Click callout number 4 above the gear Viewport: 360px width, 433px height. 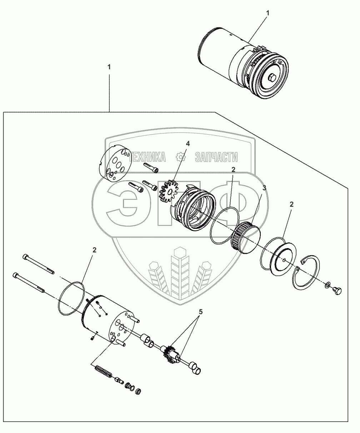pyautogui.click(x=187, y=144)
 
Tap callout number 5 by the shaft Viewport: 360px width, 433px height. pyautogui.click(x=201, y=312)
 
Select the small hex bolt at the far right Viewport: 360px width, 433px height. pyautogui.click(x=336, y=291)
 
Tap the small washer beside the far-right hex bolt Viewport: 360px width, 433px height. pyautogui.click(x=327, y=286)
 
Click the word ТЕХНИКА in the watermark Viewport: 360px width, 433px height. pyautogui.click(x=147, y=157)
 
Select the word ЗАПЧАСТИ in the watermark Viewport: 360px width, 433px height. pyautogui.click(x=216, y=157)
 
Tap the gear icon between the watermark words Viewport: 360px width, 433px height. pyautogui.click(x=181, y=157)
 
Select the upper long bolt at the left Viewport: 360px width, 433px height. pyautogui.click(x=39, y=265)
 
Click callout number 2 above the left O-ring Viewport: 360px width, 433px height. pyautogui.click(x=94, y=250)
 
